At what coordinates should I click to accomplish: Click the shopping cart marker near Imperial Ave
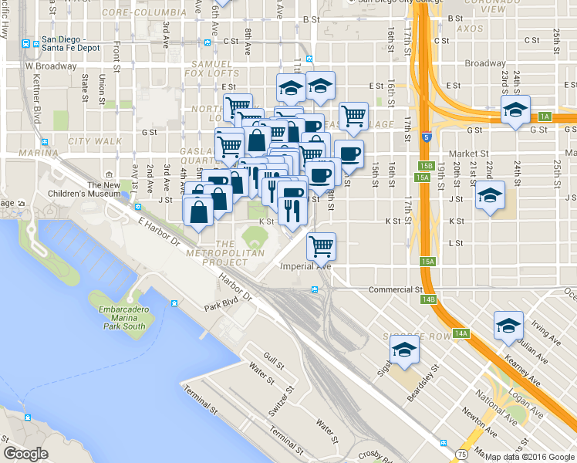pos(321,246)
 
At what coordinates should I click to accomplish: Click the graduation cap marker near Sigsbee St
pos(402,352)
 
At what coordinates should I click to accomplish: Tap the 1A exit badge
pos(545,117)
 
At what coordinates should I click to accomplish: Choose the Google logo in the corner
pos(25,454)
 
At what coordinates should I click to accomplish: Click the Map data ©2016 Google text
pos(529,457)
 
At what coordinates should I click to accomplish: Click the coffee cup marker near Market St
pos(349,154)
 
